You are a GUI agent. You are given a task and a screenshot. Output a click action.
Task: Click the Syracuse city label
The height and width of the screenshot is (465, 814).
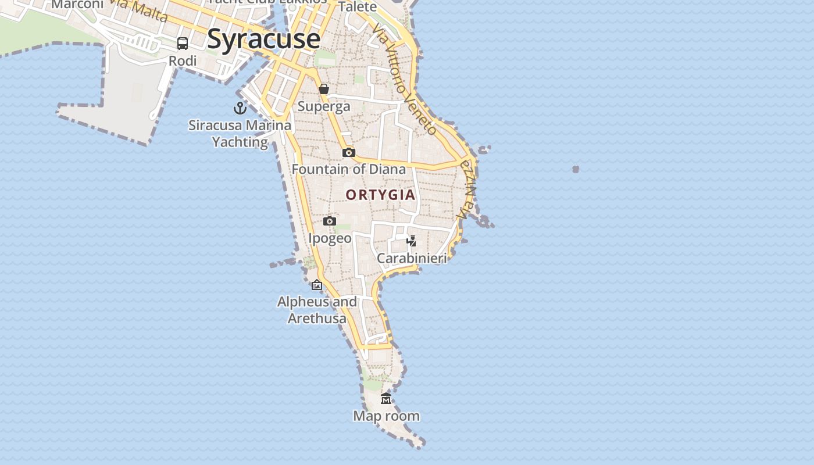(x=263, y=40)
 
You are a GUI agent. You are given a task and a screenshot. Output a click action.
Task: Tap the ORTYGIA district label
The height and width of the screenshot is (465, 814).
(x=381, y=195)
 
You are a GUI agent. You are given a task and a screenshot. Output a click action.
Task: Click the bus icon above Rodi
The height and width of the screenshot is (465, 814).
(x=183, y=44)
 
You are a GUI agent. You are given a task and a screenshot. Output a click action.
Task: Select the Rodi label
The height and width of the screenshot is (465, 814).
(x=183, y=60)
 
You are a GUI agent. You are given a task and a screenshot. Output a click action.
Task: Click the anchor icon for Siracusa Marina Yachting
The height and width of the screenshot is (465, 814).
(x=240, y=108)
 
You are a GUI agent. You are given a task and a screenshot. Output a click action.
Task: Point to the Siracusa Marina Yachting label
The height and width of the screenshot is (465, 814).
(x=240, y=133)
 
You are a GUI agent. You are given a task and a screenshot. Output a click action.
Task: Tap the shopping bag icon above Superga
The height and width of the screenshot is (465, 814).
(x=324, y=89)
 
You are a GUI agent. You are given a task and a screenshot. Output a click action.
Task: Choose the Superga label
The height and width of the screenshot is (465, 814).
(x=324, y=106)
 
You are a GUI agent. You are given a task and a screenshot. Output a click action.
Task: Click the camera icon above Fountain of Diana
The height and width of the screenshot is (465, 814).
(x=349, y=152)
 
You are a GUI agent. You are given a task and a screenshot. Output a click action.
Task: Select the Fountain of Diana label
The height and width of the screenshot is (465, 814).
(x=349, y=169)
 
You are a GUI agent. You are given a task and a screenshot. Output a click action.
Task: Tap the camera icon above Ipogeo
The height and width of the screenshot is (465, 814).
(x=330, y=221)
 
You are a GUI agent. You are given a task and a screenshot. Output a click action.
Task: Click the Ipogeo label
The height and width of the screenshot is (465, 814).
(x=330, y=238)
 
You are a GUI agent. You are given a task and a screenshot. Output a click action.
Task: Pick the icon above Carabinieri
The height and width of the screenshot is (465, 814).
(x=412, y=241)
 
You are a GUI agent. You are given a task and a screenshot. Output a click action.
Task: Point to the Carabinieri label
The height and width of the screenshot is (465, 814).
(x=412, y=258)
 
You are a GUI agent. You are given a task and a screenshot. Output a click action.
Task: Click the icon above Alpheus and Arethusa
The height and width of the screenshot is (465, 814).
(x=317, y=285)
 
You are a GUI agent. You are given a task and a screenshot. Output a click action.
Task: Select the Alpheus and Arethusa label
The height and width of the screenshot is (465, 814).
(x=317, y=310)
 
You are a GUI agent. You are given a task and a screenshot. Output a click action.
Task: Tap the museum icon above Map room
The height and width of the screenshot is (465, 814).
(x=386, y=399)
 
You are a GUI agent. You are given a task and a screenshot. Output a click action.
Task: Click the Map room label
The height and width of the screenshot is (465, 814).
(x=386, y=416)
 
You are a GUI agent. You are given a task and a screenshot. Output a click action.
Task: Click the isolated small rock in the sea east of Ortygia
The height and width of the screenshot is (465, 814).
(x=576, y=169)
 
